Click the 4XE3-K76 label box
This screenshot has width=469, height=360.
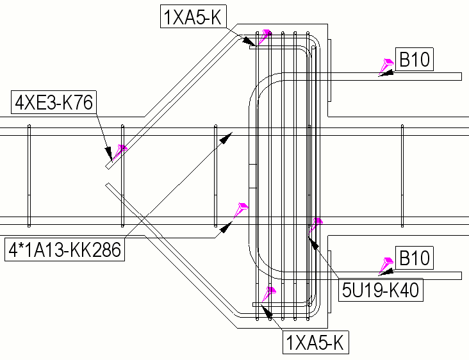[x=53, y=102]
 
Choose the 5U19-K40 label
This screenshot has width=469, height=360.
[x=380, y=290]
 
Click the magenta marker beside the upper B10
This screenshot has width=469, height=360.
[x=388, y=64]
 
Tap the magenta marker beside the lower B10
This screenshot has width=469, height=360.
[x=387, y=263]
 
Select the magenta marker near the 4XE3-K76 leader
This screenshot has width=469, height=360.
[x=120, y=150]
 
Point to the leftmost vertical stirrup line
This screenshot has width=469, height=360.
[x=29, y=176]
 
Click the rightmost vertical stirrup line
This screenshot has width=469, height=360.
[x=402, y=176]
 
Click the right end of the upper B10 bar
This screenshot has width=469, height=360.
[x=460, y=77]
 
